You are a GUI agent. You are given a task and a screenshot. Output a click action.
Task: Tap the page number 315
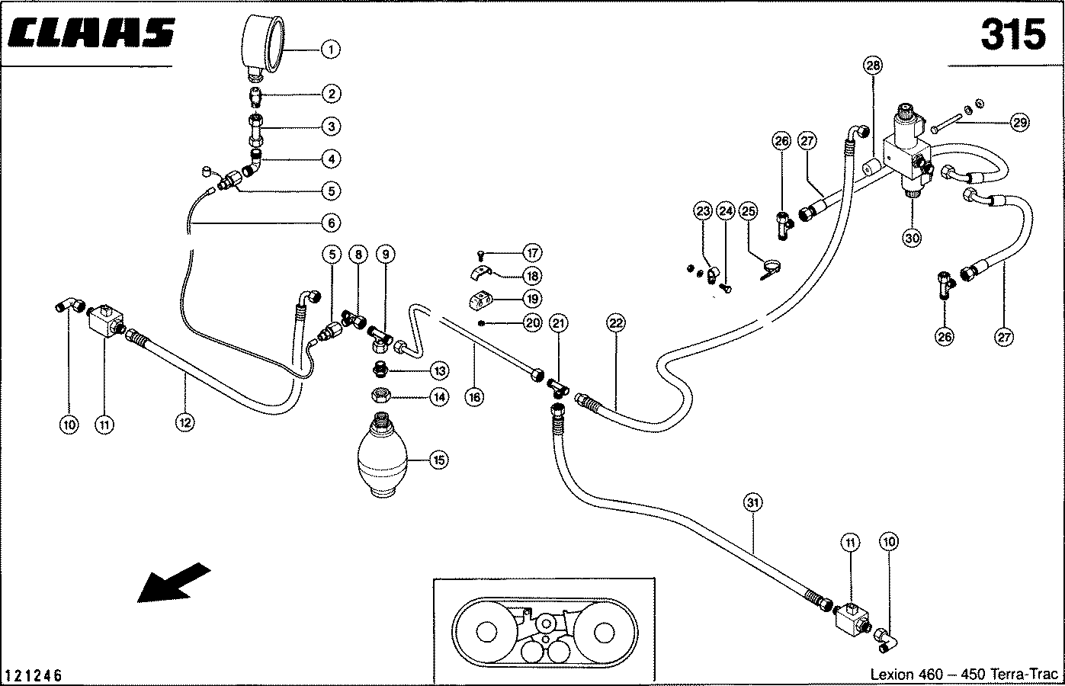(1012, 35)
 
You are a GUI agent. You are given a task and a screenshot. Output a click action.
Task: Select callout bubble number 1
(330, 50)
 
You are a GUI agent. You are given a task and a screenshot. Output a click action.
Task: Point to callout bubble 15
(439, 460)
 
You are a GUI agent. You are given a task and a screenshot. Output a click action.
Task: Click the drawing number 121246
(33, 675)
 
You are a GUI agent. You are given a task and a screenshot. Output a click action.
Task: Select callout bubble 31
(753, 502)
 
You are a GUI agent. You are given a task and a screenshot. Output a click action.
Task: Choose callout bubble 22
(616, 323)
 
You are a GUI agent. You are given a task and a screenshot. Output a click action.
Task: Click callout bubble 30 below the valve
(912, 237)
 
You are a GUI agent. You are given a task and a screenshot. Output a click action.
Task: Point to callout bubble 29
(1019, 122)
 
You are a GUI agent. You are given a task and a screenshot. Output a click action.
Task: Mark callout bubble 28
(873, 66)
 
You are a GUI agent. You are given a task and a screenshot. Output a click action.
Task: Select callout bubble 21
(560, 323)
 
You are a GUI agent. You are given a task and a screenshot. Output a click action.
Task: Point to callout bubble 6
(330, 223)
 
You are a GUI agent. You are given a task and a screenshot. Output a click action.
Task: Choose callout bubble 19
(532, 299)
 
